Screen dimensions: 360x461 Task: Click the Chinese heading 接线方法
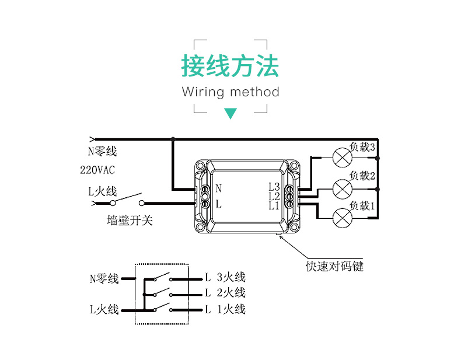pyautogui.click(x=230, y=66)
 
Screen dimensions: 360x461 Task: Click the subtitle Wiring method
pyautogui.click(x=230, y=92)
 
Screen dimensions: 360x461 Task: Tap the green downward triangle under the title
pyautogui.click(x=230, y=113)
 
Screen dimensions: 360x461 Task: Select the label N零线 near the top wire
pyautogui.click(x=102, y=152)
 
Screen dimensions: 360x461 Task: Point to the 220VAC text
pyautogui.click(x=97, y=170)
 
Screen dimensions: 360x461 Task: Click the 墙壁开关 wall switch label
pyautogui.click(x=130, y=221)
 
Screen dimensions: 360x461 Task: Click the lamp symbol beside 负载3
pyautogui.click(x=342, y=158)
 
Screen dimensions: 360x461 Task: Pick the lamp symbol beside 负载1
pyautogui.click(x=342, y=218)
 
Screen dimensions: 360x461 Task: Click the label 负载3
pyautogui.click(x=362, y=147)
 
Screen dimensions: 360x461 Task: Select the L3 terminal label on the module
pyautogui.click(x=274, y=187)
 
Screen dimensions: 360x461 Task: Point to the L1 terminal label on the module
pyautogui.click(x=274, y=205)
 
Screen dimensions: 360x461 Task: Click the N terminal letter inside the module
pyautogui.click(x=219, y=188)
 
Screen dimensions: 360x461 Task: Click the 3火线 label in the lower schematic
pyautogui.click(x=231, y=277)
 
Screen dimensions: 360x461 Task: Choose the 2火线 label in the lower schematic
pyautogui.click(x=231, y=293)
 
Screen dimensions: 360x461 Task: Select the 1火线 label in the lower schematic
pyautogui.click(x=231, y=309)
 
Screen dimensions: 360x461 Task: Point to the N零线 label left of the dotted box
pyautogui.click(x=104, y=278)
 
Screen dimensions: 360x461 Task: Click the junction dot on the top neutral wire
pyautogui.click(x=173, y=139)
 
